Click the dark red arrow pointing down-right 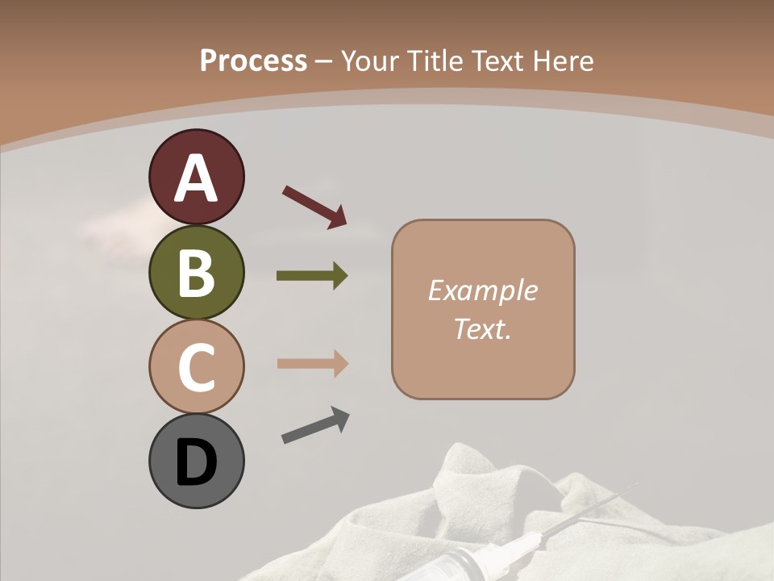click(x=314, y=207)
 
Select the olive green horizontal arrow click(x=312, y=276)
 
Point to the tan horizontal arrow click(x=312, y=364)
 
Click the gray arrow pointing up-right click(x=315, y=425)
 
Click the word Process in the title click(x=253, y=61)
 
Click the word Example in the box click(x=482, y=290)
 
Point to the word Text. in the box click(x=482, y=329)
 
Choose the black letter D click(x=196, y=462)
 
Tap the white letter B click(x=196, y=274)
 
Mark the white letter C click(x=196, y=367)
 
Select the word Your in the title click(x=370, y=61)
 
